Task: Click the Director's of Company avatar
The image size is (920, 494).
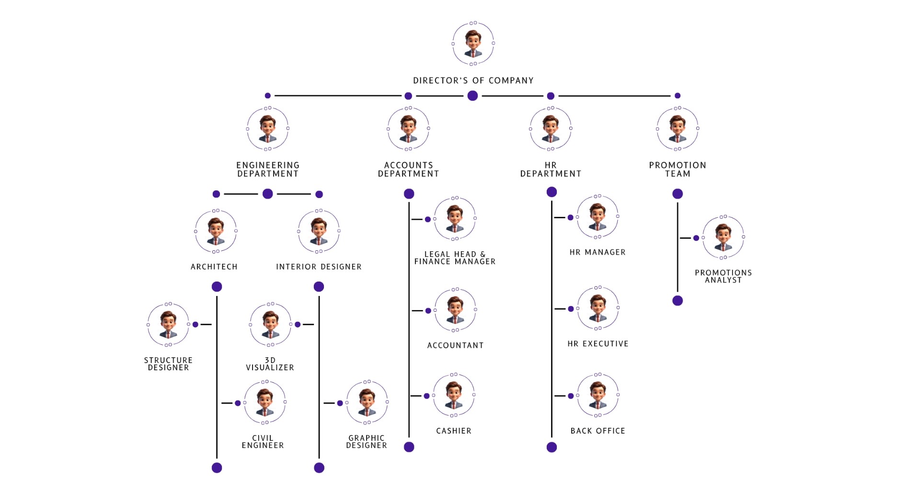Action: [x=473, y=44]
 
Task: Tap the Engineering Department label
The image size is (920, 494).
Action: [x=268, y=169]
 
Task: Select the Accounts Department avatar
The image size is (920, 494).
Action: [x=408, y=129]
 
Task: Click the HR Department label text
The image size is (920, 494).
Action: [x=551, y=169]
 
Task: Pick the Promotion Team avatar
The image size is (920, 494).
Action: [x=677, y=129]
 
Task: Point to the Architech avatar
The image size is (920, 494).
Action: [x=216, y=231]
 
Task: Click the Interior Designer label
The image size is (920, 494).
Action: [x=319, y=267]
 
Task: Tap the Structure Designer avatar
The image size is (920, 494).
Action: [x=168, y=325]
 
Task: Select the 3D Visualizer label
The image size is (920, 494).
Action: [x=270, y=364]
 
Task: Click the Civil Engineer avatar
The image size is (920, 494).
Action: [x=264, y=402]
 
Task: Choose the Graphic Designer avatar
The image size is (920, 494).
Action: [x=367, y=402]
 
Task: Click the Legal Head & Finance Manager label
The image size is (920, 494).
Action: [x=455, y=258]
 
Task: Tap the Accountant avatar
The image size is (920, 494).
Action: [x=455, y=310]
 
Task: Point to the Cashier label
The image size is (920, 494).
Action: [x=454, y=431]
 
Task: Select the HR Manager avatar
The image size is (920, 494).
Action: [x=598, y=217]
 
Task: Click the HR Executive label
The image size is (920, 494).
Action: [x=598, y=343]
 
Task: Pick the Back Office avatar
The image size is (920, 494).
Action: [x=598, y=395]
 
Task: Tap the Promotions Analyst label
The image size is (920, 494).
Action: [x=723, y=276]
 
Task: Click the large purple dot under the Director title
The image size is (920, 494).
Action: [x=472, y=95]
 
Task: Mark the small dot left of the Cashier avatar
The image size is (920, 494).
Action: [x=426, y=396]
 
